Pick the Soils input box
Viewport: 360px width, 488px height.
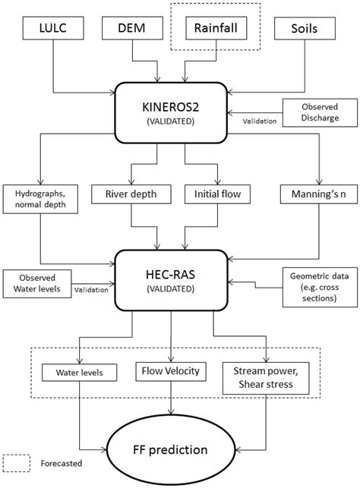pos(309,30)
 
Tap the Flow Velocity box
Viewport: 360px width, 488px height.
pos(175,371)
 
